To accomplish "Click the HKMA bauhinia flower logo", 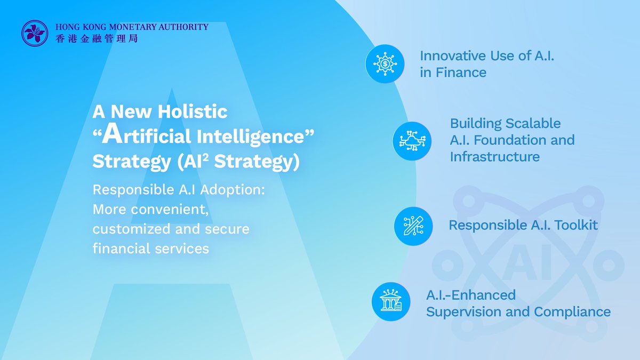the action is click(x=35, y=33).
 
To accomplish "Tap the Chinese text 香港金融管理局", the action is click(x=97, y=38).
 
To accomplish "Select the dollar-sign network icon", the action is click(x=385, y=63).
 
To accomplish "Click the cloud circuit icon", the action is click(x=412, y=141).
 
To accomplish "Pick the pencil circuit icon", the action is click(x=413, y=226).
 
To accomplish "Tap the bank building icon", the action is click(x=391, y=301).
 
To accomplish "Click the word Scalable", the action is click(x=533, y=123).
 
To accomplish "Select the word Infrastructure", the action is click(x=495, y=157).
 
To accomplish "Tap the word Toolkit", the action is click(x=576, y=225).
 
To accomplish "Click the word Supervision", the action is click(x=463, y=311).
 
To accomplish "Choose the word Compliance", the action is click(x=572, y=311).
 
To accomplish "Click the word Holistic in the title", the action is click(x=193, y=111).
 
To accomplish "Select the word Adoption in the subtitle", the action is click(x=233, y=190).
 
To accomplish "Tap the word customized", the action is click(x=131, y=229).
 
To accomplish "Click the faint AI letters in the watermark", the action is click(x=526, y=262).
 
